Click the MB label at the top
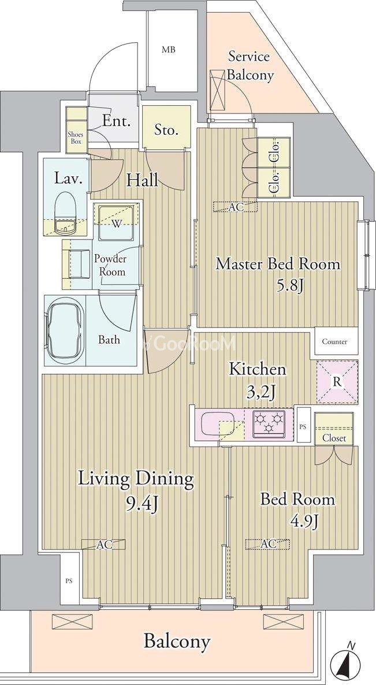pos(169,50)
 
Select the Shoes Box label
pos(76,138)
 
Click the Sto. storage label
pos(166,130)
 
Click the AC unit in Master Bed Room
pos(235,207)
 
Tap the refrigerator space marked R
pos(337,382)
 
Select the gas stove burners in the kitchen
pos(269,423)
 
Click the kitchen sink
pos(218,423)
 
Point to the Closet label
pos(334,438)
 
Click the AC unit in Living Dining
pos(104,544)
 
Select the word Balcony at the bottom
pos(177,642)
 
